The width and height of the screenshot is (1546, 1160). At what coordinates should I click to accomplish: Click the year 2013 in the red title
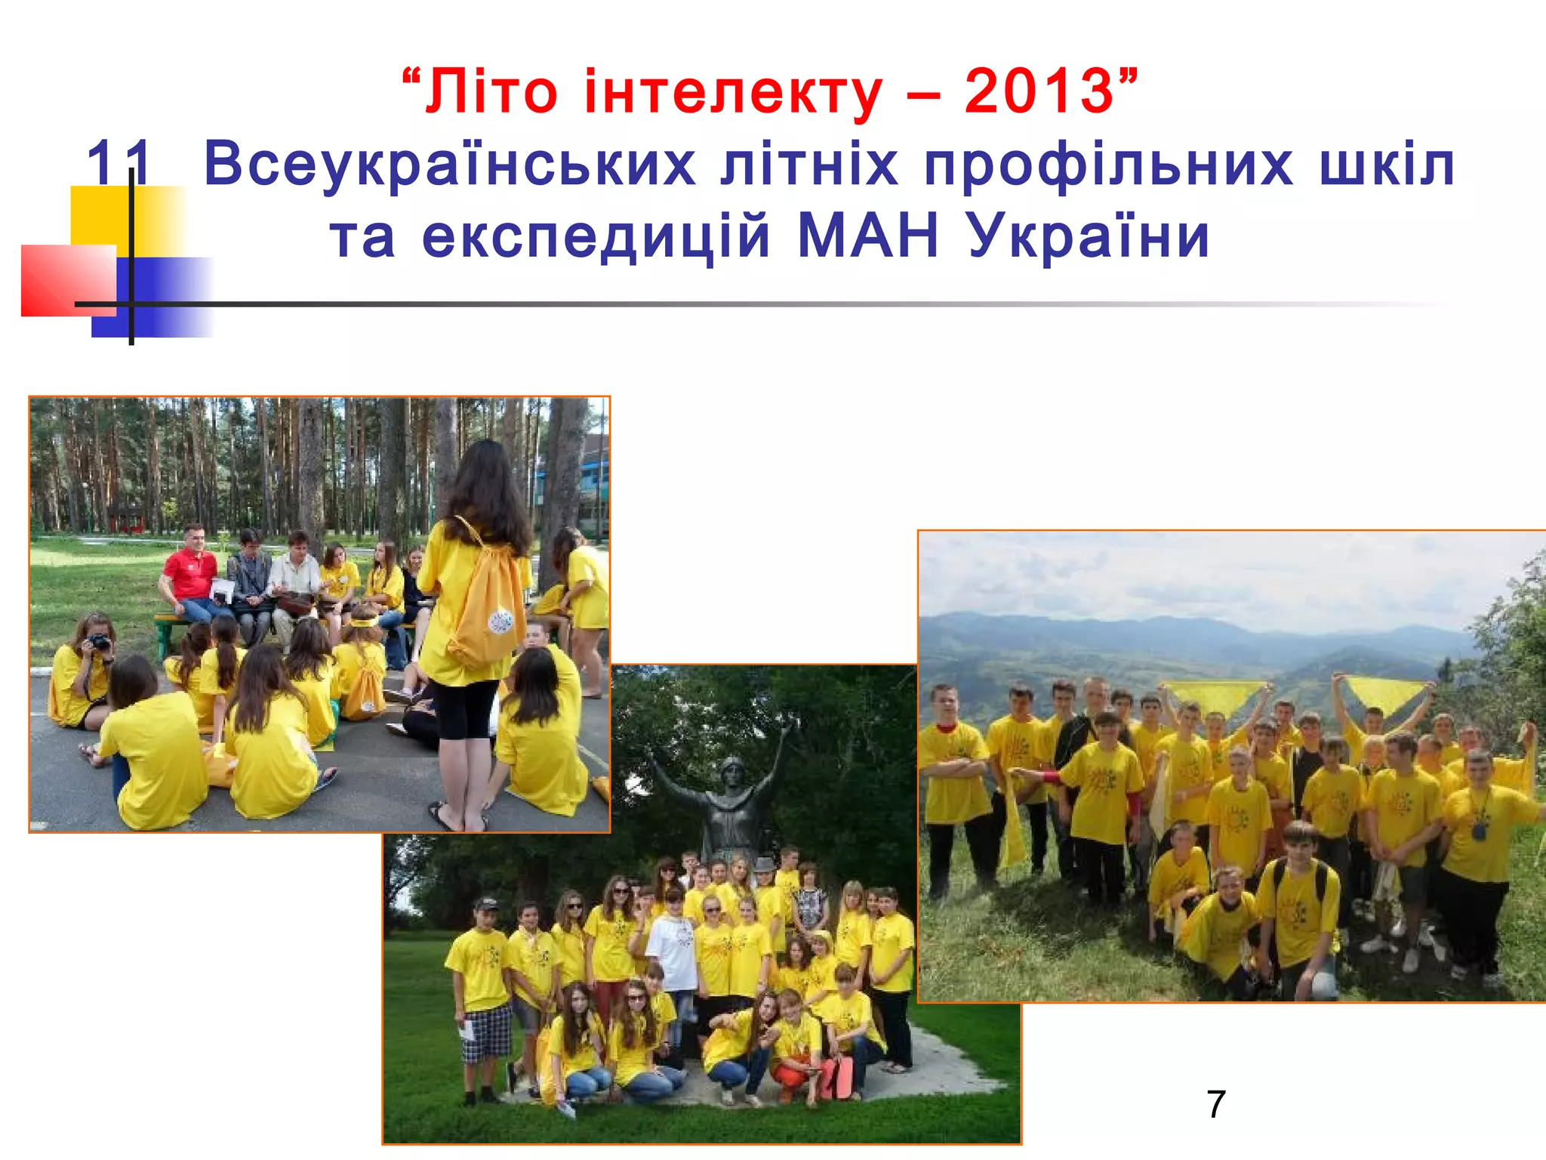point(1039,92)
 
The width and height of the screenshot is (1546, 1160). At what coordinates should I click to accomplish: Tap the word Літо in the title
point(491,92)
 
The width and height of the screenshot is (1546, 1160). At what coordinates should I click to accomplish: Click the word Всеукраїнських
point(449,164)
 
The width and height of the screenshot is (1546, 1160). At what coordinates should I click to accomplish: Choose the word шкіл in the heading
point(1387,164)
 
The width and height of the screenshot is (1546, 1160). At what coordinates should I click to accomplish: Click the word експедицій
point(596,236)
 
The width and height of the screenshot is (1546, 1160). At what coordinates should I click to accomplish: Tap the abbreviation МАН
point(868,236)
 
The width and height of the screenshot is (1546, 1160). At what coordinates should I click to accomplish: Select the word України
point(1089,236)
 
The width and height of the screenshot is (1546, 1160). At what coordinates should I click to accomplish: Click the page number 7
point(1215,1105)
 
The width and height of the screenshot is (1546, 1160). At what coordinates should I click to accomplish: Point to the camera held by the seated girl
point(99,642)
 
